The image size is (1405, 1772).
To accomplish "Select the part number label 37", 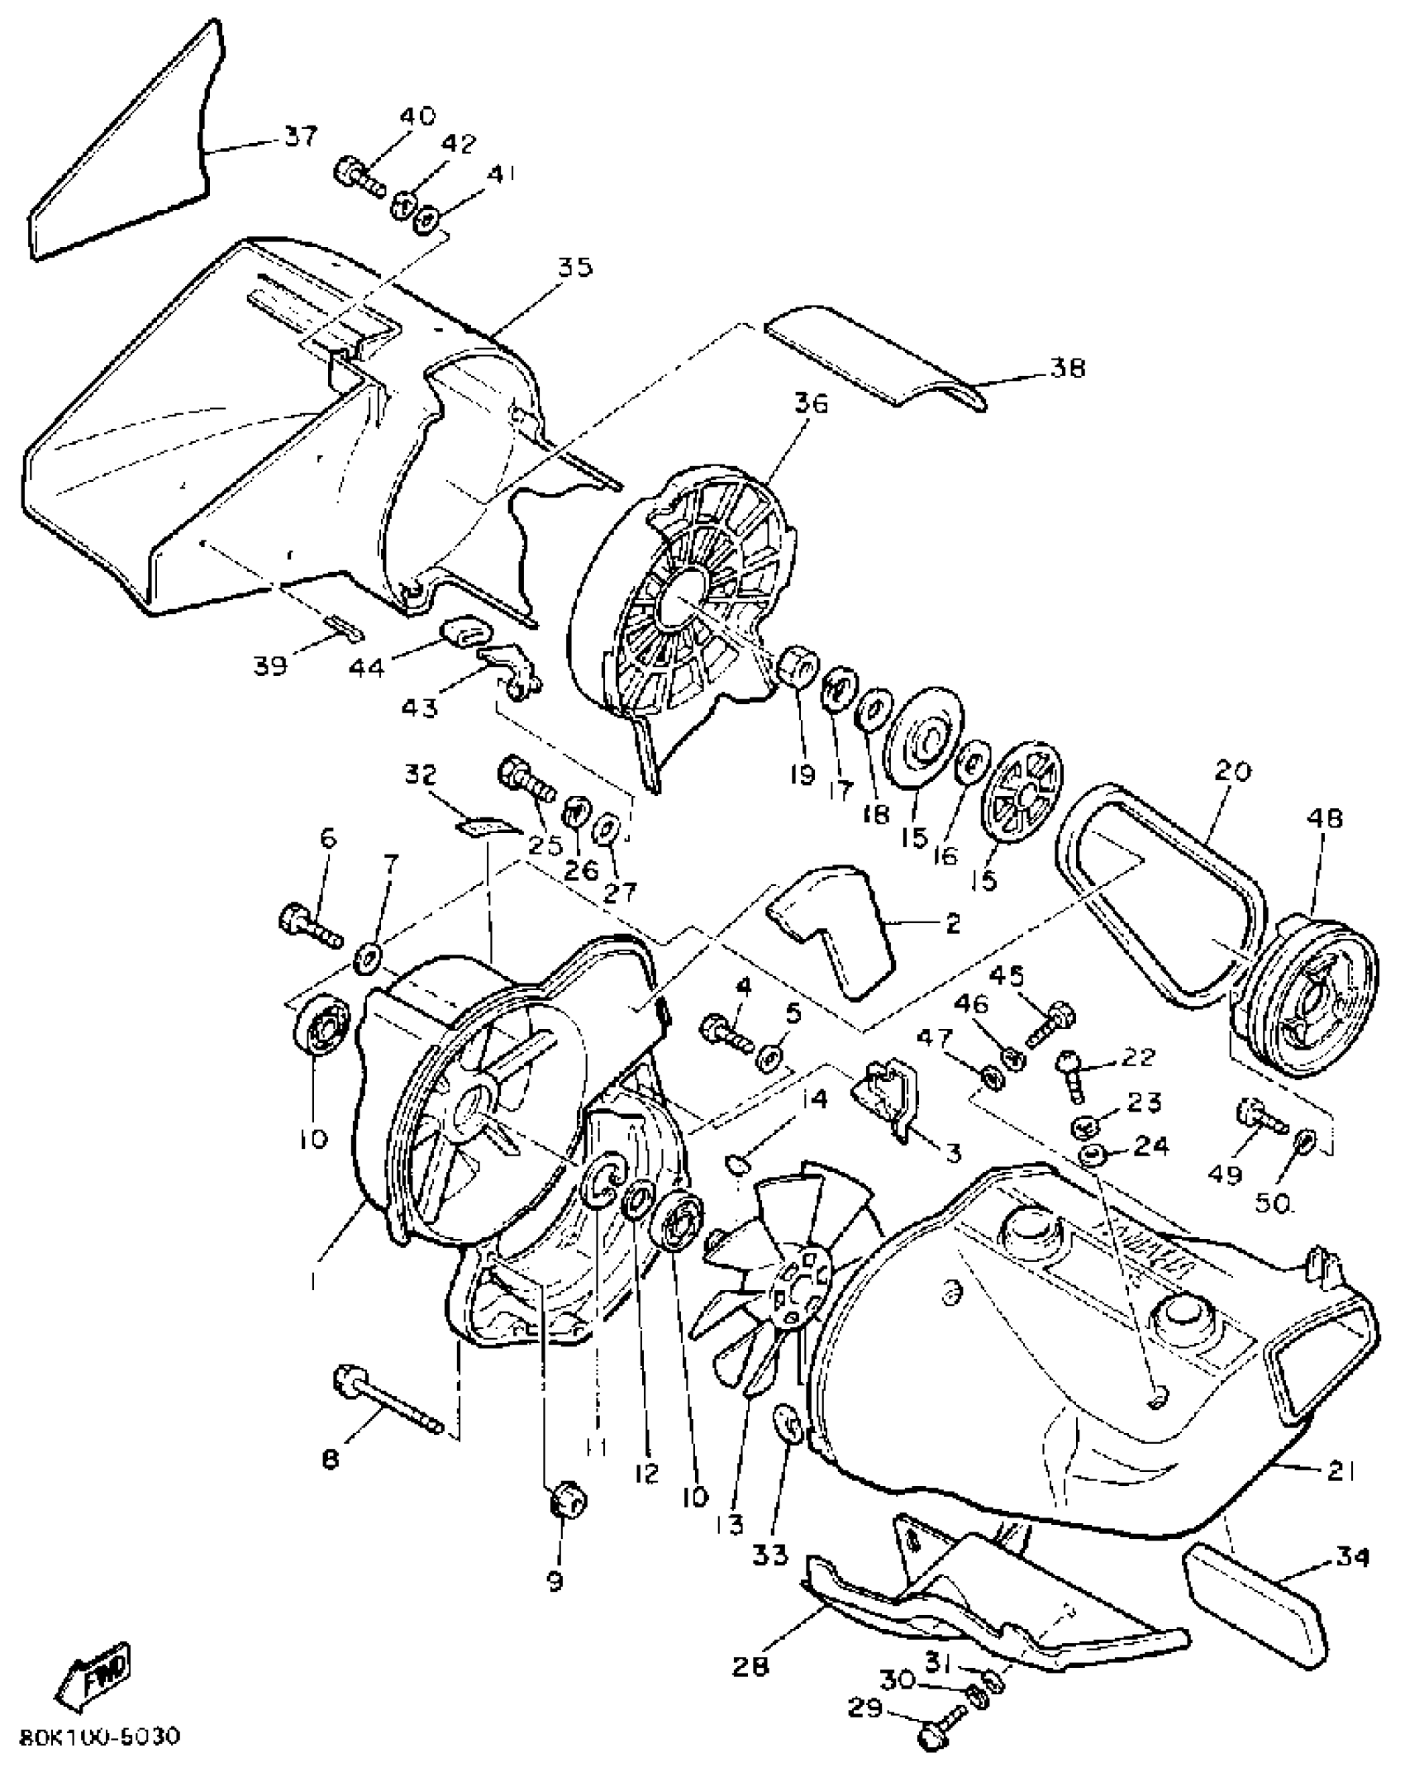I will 300,136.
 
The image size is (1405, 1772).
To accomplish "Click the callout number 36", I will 811,405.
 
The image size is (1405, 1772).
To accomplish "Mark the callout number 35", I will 574,268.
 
